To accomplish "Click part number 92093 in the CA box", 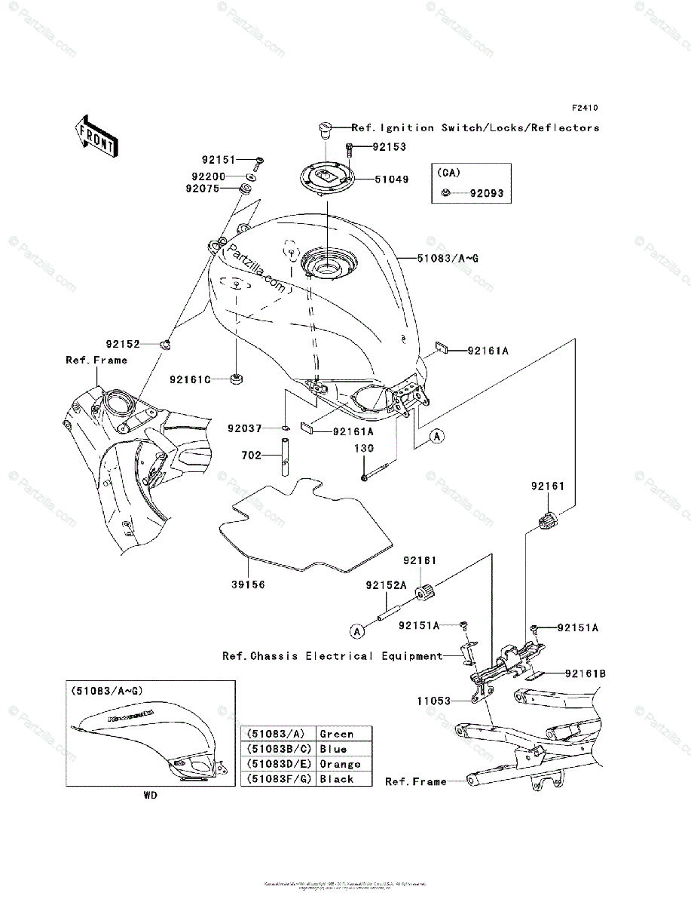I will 486,194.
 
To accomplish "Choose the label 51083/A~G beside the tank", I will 448,259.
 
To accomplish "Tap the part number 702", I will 252,456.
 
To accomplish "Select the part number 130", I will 365,449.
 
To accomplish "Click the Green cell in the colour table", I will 336,734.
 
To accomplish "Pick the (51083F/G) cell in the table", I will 278,779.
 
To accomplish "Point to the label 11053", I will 434,701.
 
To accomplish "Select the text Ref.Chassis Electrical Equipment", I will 332,656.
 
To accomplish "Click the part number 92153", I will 390,149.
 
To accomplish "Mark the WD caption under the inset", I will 151,794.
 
